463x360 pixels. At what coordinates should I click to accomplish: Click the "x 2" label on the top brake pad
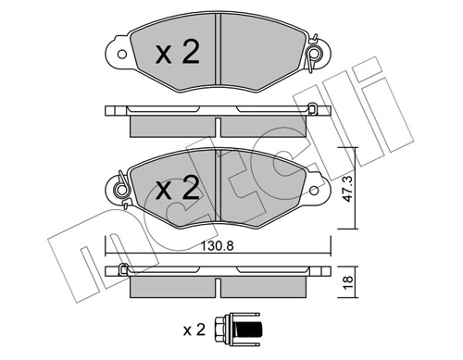[176, 54]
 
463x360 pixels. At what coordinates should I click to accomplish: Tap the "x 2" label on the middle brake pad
[176, 190]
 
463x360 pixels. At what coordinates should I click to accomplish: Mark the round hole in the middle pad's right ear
[317, 191]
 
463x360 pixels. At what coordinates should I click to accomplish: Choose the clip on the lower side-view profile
[120, 271]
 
